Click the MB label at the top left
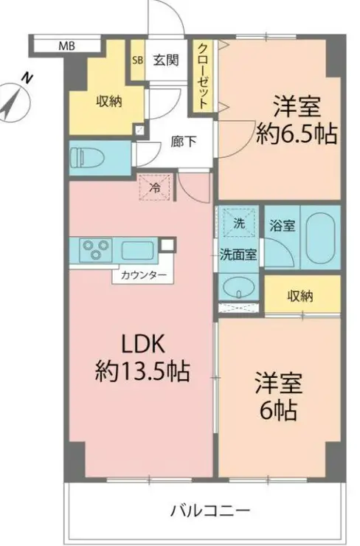66,46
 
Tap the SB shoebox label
137,60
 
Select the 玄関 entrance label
167,60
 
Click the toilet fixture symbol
88,157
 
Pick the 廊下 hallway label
184,142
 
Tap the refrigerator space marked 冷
155,187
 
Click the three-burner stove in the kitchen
96,249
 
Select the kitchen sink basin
138,250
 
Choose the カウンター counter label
143,276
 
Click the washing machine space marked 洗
238,223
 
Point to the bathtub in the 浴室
321,238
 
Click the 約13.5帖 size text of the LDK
142,372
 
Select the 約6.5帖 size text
297,134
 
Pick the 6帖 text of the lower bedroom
278,410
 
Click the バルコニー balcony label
210,511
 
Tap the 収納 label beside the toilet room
109,102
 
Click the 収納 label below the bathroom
300,296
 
